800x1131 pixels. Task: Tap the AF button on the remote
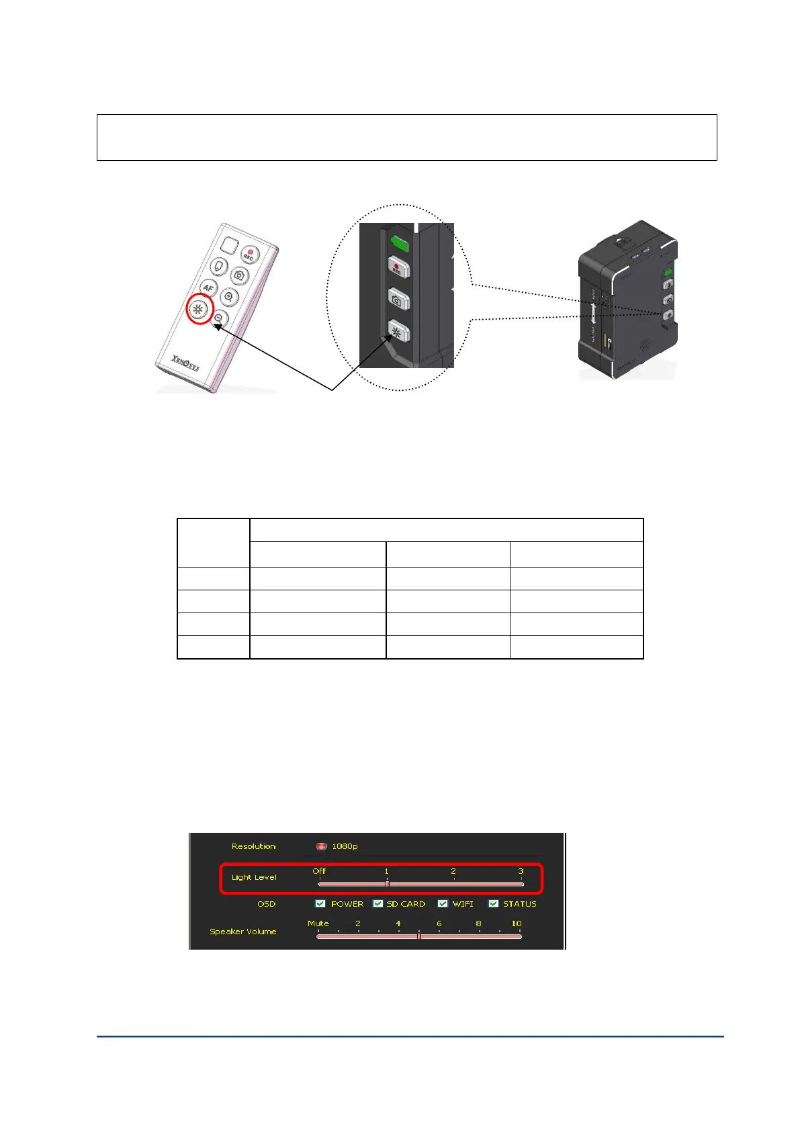coord(208,288)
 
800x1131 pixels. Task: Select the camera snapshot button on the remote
coord(240,275)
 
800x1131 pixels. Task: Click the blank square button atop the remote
coord(228,246)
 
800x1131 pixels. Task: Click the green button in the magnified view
coord(400,242)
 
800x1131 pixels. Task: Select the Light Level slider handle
coord(388,884)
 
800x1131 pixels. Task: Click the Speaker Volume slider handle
coord(418,936)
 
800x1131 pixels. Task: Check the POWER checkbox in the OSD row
coord(320,903)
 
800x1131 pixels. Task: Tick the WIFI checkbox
coord(443,903)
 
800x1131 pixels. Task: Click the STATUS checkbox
coord(494,903)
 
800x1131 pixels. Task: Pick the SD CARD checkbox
coord(378,903)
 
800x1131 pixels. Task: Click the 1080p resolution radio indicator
coord(322,846)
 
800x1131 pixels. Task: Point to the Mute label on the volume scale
coord(318,923)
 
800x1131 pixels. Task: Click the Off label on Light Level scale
coord(319,871)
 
